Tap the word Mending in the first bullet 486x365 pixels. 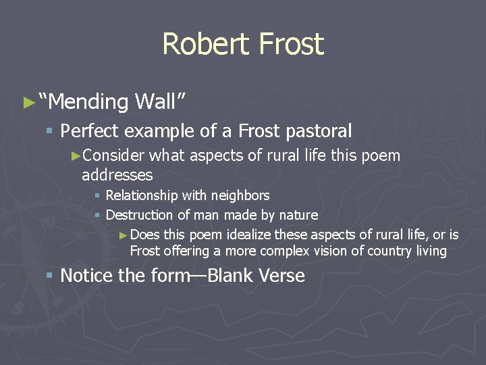[88, 101]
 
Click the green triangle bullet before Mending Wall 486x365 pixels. [28, 103]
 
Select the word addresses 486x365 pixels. [117, 176]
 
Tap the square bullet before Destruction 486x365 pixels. [97, 216]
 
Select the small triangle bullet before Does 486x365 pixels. [122, 235]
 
